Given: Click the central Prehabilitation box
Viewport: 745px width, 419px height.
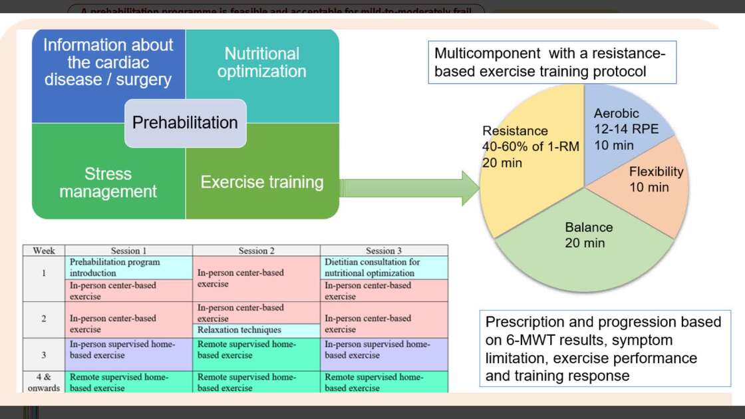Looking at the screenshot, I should pos(186,123).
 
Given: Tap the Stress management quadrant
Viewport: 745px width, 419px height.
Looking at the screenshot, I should pos(108,183).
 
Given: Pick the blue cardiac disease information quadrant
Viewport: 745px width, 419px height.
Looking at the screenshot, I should pos(108,63).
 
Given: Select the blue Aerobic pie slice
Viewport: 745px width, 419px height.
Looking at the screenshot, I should pos(615,130).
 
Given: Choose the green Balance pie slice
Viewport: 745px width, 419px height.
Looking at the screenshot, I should pos(585,249).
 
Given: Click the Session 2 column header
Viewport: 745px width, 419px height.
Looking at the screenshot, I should pos(256,251).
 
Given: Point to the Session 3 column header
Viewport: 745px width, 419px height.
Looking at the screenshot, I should pos(384,251).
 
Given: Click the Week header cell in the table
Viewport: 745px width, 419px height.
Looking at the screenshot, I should pos(43,251).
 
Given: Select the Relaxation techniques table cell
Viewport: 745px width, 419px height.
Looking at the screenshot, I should pos(256,330).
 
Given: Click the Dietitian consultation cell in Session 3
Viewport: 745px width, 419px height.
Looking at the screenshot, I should pos(384,267).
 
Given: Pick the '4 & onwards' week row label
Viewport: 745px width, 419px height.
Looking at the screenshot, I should pos(43,382).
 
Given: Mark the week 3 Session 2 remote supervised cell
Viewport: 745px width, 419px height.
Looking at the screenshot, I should pos(256,349).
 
